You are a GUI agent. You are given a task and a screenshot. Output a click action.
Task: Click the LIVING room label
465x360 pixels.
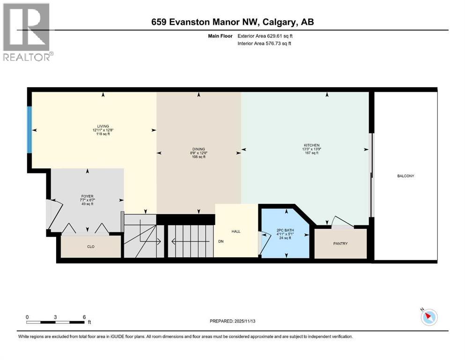pyautogui.click(x=103, y=126)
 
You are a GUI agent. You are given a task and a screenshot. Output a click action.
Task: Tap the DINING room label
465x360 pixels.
pyautogui.click(x=199, y=148)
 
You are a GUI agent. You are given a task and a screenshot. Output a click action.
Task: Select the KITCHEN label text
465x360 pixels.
pyautogui.click(x=311, y=145)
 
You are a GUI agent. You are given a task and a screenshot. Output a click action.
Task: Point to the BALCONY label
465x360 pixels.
pyautogui.click(x=406, y=176)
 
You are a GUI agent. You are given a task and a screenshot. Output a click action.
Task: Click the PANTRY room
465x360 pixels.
pyautogui.click(x=340, y=243)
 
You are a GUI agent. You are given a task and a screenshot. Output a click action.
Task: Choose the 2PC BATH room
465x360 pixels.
pyautogui.click(x=284, y=231)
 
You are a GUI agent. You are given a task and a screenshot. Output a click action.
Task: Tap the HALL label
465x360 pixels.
pyautogui.click(x=236, y=231)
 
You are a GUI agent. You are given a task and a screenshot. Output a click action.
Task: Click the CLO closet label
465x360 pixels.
pyautogui.click(x=91, y=247)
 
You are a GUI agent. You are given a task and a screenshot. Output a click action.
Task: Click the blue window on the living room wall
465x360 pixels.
pyautogui.click(x=30, y=129)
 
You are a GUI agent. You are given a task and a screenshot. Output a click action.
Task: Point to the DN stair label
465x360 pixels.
pyautogui.click(x=221, y=242)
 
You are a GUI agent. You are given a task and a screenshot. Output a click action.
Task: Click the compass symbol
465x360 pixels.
pyautogui.click(x=428, y=317)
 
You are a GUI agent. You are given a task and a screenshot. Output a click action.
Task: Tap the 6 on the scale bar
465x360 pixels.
pyautogui.click(x=83, y=317)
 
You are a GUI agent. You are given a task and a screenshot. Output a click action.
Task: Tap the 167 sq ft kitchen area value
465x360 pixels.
pyautogui.click(x=311, y=153)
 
